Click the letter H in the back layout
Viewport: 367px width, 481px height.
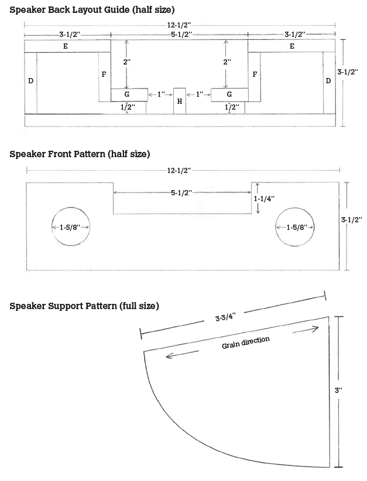(x=180, y=101)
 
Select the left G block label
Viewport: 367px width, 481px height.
(x=127, y=94)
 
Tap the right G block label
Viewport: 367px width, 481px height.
(x=229, y=94)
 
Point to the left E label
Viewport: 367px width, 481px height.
(x=65, y=46)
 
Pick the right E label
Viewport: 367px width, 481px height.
(x=291, y=46)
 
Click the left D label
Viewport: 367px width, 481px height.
(x=30, y=80)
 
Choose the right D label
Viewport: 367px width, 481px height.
(x=328, y=80)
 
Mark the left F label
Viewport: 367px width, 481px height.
(x=104, y=74)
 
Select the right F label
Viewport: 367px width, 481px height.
(x=255, y=74)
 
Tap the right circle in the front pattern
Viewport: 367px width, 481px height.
(x=296, y=228)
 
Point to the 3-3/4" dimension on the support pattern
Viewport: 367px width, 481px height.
(x=225, y=317)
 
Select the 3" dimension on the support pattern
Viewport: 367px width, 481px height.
(x=338, y=389)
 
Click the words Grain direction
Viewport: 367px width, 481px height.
(x=246, y=342)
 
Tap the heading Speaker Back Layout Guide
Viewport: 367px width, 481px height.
(x=92, y=10)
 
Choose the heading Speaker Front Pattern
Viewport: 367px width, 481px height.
(x=80, y=154)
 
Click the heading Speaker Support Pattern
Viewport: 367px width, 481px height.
(x=84, y=306)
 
